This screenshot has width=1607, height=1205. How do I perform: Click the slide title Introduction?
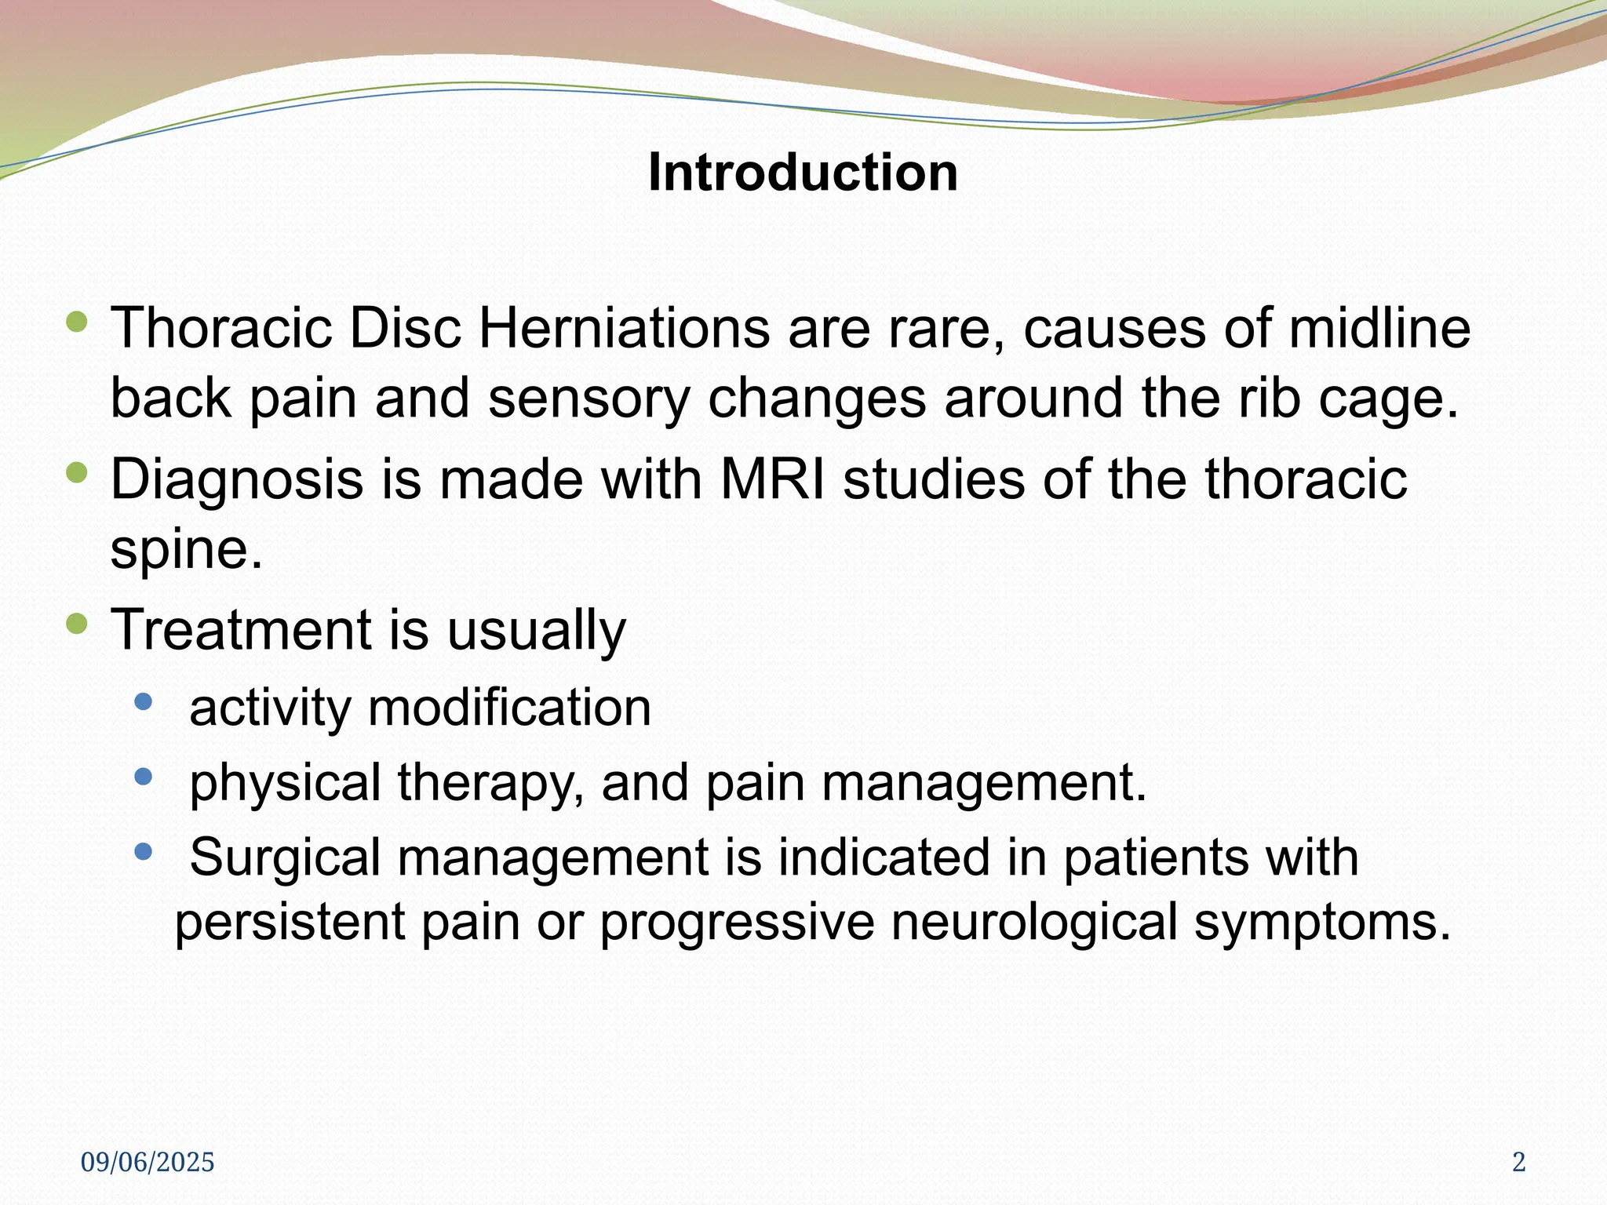[803, 172]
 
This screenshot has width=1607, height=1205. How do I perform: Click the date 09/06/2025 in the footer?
[148, 1163]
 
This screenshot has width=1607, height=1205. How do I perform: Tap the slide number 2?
[1518, 1163]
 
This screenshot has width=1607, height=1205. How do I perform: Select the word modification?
[509, 708]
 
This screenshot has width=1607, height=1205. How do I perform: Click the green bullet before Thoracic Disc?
[77, 321]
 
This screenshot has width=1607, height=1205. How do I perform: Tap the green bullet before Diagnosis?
[77, 472]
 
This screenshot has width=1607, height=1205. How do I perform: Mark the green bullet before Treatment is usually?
[77, 624]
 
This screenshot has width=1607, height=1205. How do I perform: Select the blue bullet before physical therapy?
[143, 777]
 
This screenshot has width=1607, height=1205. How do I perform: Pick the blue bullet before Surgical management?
[143, 851]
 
